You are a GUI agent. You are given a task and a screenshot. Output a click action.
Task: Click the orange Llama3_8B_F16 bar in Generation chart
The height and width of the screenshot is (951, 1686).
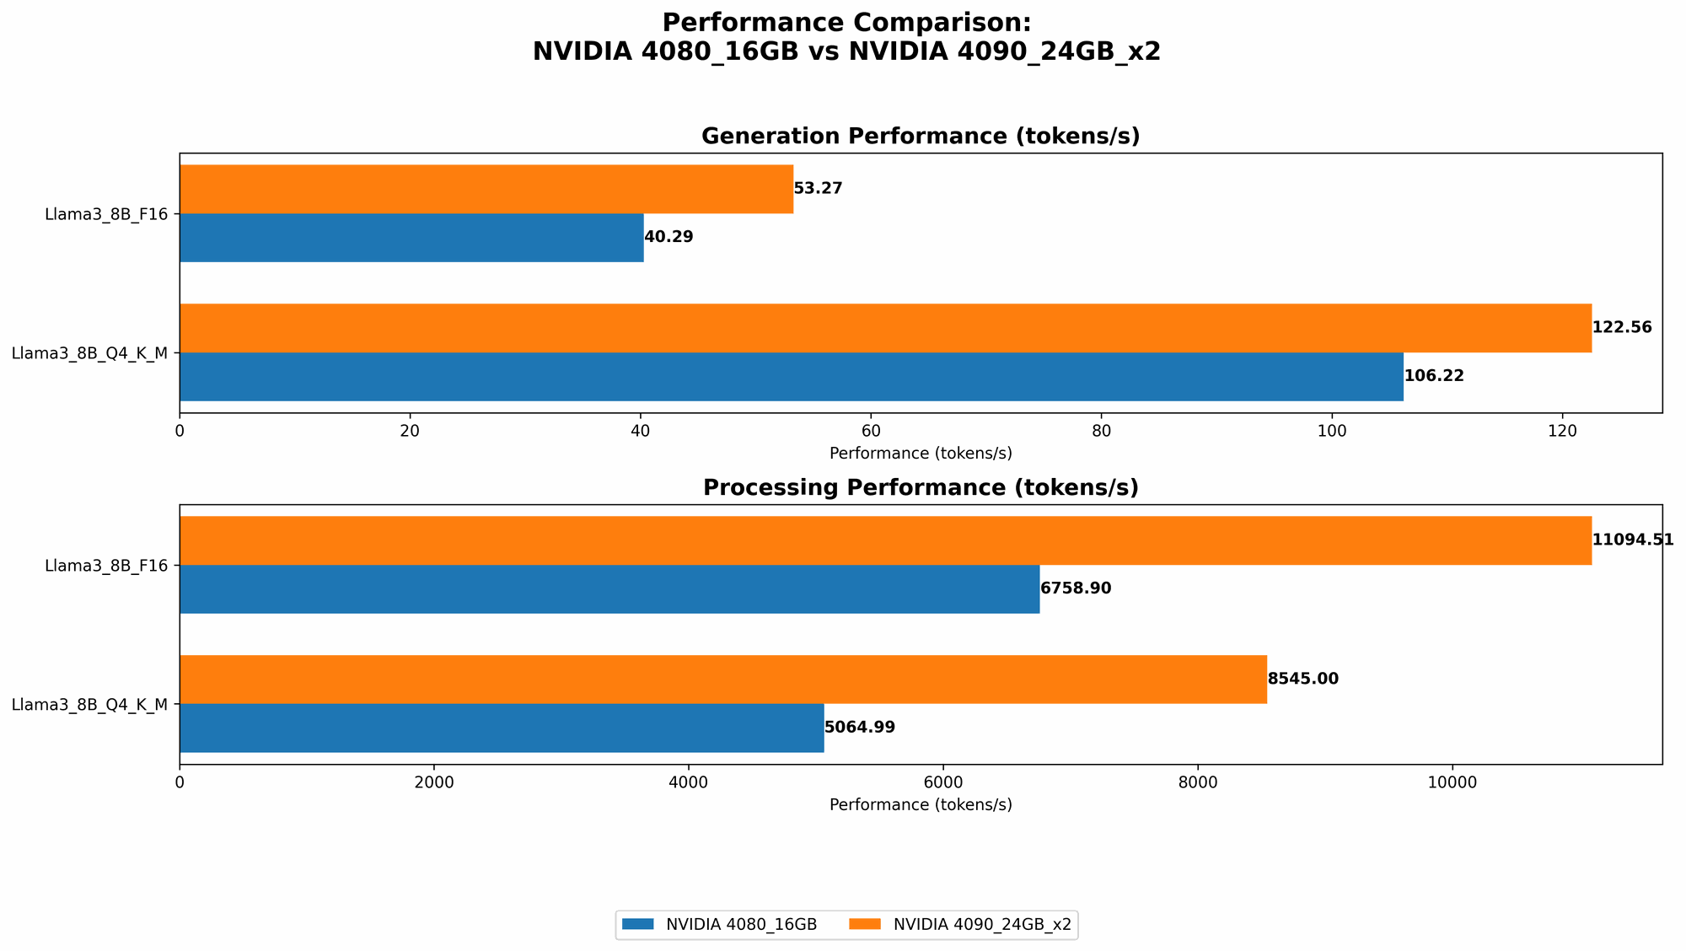tap(486, 189)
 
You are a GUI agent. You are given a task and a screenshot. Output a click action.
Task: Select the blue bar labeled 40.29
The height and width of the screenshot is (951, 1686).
tap(411, 238)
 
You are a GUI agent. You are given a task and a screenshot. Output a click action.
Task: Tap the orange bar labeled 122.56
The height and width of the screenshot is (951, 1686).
tap(885, 328)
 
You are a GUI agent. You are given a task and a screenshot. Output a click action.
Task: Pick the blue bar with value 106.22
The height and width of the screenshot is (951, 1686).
tap(791, 377)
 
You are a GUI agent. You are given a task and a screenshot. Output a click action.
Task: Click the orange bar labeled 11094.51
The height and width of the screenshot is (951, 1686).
tap(885, 540)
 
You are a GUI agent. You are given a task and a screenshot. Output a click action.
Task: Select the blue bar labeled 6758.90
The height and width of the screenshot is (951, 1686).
tap(609, 589)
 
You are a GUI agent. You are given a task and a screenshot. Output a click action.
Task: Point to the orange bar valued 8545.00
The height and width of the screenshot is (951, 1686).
tap(722, 680)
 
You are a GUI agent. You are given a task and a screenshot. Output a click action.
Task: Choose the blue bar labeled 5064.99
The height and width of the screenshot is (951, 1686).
tap(502, 728)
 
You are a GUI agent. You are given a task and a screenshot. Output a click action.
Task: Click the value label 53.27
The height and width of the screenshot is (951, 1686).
tap(819, 189)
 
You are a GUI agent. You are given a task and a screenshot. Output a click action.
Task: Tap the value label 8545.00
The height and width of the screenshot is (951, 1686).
tap(1302, 680)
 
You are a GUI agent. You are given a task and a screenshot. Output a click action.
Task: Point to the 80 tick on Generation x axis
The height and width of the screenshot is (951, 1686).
tap(1101, 431)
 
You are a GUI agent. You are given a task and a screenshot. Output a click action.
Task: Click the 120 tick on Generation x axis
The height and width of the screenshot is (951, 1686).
tap(1562, 431)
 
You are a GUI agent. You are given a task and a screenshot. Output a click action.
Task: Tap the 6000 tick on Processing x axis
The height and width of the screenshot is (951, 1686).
tap(943, 782)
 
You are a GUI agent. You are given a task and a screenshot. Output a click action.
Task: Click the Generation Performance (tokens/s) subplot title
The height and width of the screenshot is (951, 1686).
tap(921, 137)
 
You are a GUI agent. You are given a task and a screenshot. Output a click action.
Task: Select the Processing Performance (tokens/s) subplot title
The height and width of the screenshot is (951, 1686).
tap(921, 488)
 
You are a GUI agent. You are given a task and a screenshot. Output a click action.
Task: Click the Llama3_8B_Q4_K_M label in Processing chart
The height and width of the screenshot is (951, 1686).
tap(89, 705)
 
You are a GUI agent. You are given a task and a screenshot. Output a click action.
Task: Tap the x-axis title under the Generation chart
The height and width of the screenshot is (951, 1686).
tap(921, 454)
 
